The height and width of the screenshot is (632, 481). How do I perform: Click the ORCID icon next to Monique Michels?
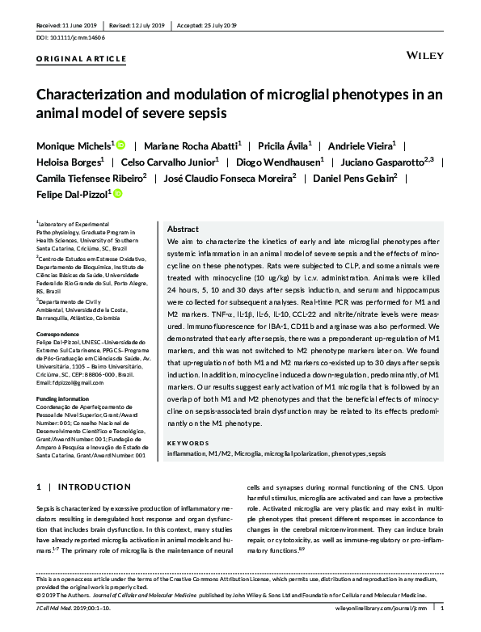[121, 145]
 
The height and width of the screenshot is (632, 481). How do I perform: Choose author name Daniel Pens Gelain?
[358, 178]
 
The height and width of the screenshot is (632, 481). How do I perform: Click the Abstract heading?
[182, 229]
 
